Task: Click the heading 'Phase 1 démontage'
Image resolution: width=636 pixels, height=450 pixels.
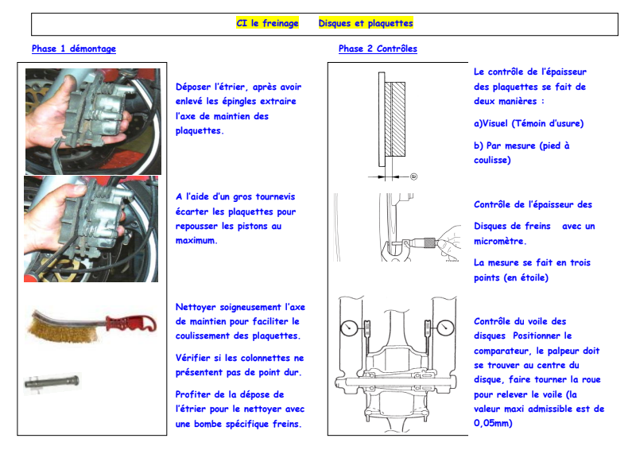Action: (74, 49)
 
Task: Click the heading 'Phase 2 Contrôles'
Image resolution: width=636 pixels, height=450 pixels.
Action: (378, 49)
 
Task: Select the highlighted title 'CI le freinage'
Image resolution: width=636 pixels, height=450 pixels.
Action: (268, 24)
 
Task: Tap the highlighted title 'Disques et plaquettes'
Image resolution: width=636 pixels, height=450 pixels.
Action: (366, 24)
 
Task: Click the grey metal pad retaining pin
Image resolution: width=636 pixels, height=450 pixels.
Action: (52, 382)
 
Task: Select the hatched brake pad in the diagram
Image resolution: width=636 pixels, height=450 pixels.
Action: (395, 119)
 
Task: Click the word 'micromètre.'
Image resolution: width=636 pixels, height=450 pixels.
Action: (500, 241)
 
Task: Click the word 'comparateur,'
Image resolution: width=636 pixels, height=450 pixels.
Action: (506, 351)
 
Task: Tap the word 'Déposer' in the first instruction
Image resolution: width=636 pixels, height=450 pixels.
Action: (195, 87)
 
